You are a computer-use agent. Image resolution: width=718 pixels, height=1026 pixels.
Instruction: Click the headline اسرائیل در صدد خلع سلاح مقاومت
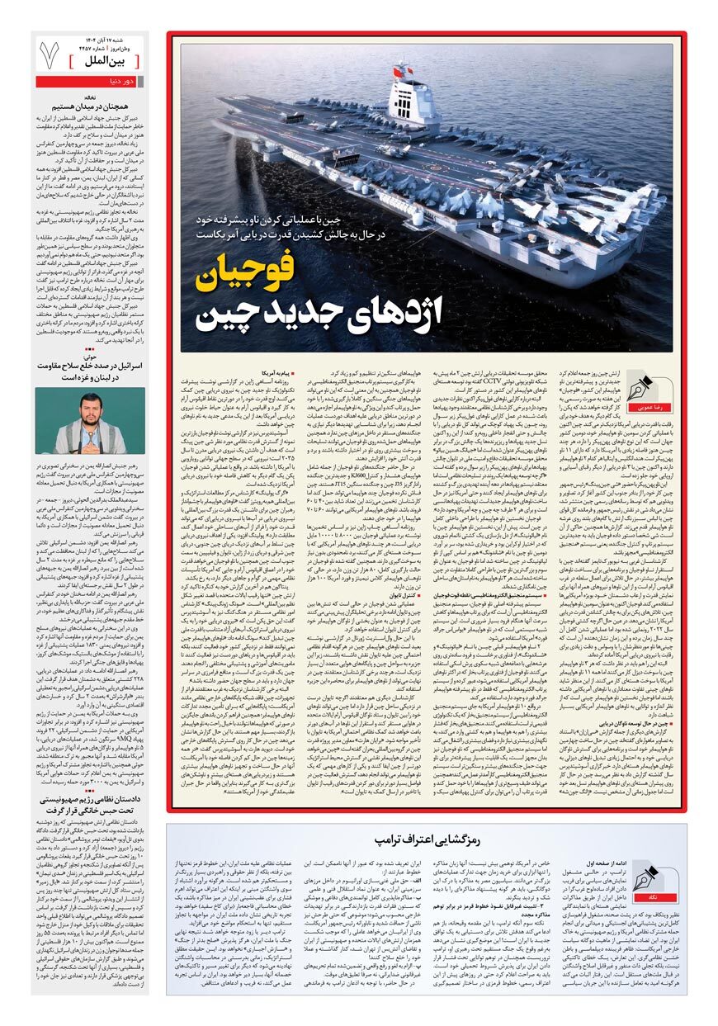tap(91, 370)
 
